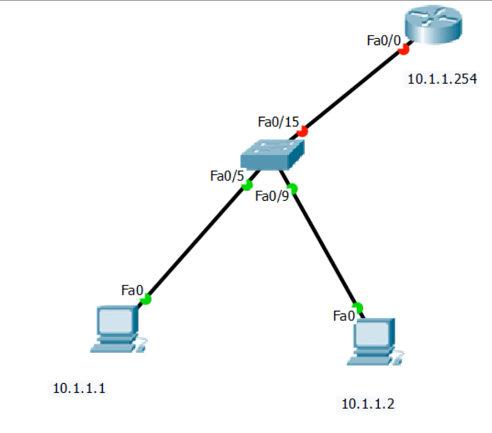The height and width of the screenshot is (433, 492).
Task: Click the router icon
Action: pos(433,25)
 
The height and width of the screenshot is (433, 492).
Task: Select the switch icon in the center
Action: pos(272,155)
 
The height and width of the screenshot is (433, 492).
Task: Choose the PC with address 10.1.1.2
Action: pos(375,342)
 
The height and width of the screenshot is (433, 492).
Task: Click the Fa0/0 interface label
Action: pos(384,41)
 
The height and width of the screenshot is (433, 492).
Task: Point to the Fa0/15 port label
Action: pos(279,122)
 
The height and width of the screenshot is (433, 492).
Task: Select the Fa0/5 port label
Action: pos(227,176)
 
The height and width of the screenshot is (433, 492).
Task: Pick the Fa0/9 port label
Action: pos(272,196)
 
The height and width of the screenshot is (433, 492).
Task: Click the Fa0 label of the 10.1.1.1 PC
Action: pos(132,291)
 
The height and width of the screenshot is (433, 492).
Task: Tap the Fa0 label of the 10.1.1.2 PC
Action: pos(344,316)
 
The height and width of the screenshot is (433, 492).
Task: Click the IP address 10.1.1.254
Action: pos(442,79)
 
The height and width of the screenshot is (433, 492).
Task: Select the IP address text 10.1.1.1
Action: pos(79,388)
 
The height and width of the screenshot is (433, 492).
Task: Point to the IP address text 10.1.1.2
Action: pos(367,404)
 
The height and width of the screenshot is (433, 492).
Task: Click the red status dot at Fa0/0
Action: pos(404,50)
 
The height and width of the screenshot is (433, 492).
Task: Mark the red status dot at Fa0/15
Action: pos(302,131)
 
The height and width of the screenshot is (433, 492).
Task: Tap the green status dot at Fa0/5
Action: pos(247,185)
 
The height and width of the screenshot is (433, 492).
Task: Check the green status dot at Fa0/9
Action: pos(292,189)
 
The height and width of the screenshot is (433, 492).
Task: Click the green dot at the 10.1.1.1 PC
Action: pos(146,300)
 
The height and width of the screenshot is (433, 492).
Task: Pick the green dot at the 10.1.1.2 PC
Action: pos(357,308)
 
